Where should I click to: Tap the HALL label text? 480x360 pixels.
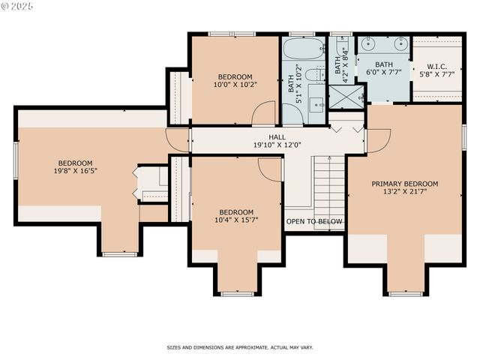coord(277,137)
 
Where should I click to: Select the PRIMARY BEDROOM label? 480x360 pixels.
coord(404,184)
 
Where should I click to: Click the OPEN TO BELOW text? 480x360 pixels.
coord(313,222)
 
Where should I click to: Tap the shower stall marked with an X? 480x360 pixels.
coord(346,96)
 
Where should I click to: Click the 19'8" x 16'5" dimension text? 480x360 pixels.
coord(76,171)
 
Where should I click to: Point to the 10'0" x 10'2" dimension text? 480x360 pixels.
coord(235,85)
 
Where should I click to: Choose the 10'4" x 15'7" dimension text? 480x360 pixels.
coord(235,220)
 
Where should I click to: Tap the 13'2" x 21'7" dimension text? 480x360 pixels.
coord(404,191)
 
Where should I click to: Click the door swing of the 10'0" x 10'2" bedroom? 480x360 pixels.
coord(264,114)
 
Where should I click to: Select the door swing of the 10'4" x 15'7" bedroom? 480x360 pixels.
coord(271,169)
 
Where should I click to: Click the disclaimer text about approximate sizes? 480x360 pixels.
coord(239,348)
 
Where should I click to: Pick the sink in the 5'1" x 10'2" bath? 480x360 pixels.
coord(316,106)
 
